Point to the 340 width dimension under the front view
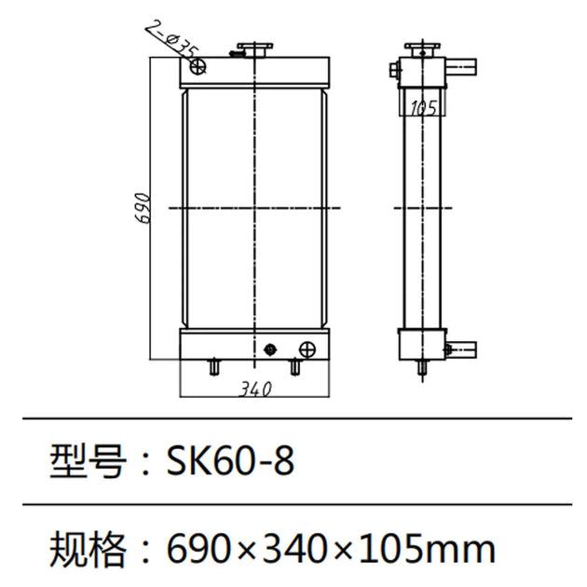click(254, 389)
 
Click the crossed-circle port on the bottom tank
click(305, 348)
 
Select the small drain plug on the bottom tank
click(270, 348)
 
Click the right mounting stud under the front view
click(295, 368)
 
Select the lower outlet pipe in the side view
click(461, 350)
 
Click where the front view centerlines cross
click(253, 206)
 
